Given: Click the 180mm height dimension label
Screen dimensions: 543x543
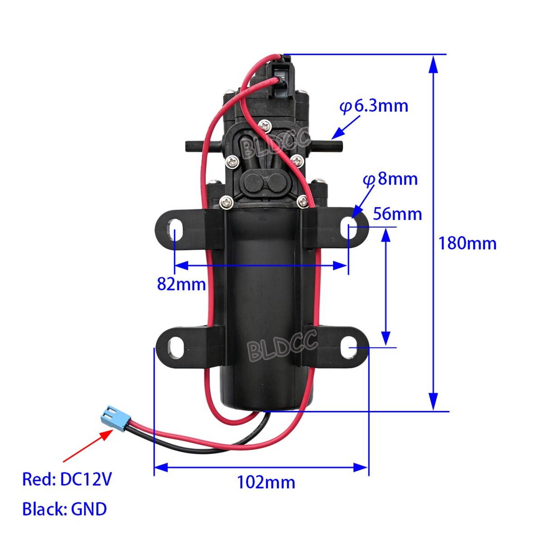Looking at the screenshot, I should [467, 244].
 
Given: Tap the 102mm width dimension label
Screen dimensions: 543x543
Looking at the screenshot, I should [266, 482].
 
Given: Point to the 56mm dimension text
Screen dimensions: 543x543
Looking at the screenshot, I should [397, 214].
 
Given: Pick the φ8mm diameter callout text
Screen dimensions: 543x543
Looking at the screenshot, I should [390, 180].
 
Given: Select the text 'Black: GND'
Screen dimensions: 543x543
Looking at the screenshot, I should [64, 510].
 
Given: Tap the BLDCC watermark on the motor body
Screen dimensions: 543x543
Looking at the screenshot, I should [282, 346].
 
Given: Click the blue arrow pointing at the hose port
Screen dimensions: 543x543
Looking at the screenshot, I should [346, 127].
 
